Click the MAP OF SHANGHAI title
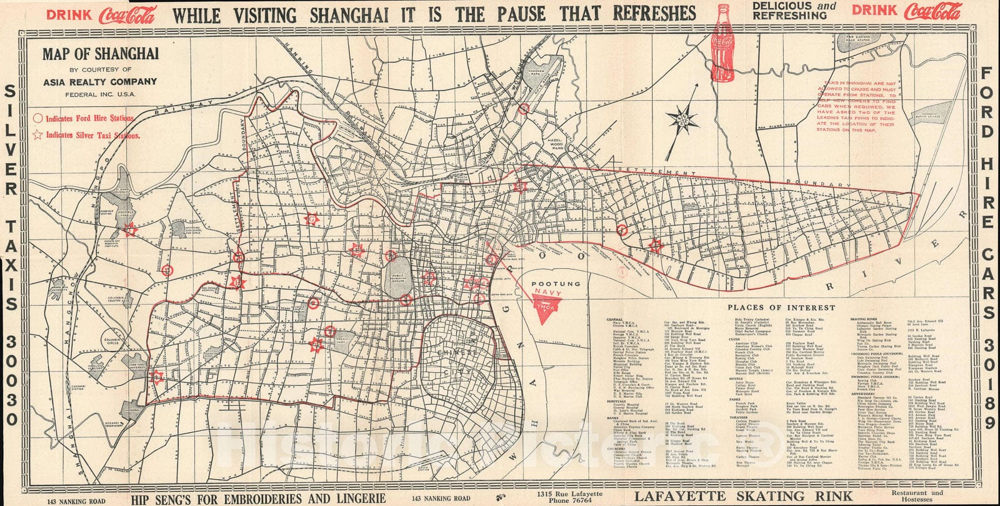(x=92, y=54)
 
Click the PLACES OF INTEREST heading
(x=781, y=308)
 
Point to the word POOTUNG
(x=556, y=283)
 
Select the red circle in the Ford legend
(x=37, y=118)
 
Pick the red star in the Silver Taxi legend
(x=37, y=134)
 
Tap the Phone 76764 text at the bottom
(x=568, y=500)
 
